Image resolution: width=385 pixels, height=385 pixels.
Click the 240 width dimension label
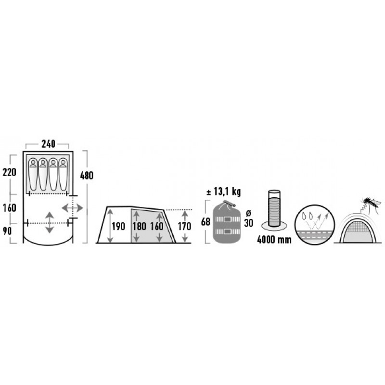click(x=49, y=144)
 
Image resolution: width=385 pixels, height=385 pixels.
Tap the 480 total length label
click(x=87, y=176)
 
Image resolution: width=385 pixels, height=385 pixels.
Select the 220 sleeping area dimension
click(x=10, y=172)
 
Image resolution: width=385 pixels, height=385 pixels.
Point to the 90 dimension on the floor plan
click(x=7, y=231)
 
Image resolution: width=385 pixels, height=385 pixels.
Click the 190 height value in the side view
click(x=118, y=226)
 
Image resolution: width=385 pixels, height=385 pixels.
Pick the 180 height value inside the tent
click(x=140, y=226)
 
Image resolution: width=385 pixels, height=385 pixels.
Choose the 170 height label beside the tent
click(x=184, y=226)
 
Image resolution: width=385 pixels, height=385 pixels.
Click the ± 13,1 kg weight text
click(x=223, y=192)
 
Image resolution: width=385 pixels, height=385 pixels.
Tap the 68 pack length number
click(x=206, y=222)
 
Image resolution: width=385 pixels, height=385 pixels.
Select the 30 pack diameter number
click(x=248, y=223)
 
